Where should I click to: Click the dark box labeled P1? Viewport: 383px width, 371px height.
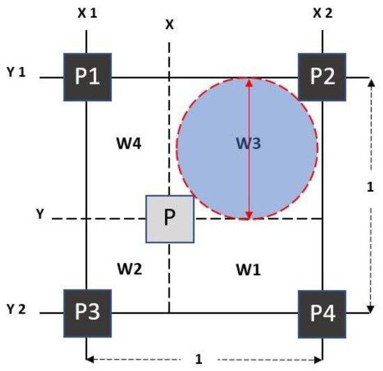[87, 76]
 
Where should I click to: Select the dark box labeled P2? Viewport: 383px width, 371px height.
[322, 76]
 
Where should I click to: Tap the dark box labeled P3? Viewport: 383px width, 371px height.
[87, 312]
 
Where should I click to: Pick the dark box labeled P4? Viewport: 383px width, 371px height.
[322, 312]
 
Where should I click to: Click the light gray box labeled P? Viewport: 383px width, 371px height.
[169, 219]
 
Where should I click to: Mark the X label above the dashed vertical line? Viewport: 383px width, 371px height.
[169, 24]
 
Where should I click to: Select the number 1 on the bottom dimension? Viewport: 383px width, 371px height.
[201, 359]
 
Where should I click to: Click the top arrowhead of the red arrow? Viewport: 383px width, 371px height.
[249, 81]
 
